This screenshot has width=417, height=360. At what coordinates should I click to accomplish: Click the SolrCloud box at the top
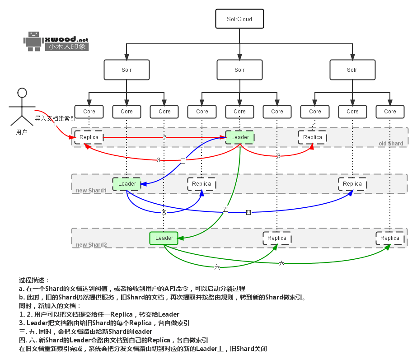239,19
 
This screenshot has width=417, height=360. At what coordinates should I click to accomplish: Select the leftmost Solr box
127,70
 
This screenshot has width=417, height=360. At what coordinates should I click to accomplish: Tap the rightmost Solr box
352,70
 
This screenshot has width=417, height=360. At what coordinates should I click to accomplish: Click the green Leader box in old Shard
240,137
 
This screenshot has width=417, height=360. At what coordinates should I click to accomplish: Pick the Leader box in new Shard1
127,184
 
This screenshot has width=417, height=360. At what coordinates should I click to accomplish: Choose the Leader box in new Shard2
164,238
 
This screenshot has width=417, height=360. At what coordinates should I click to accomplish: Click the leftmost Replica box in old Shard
89,137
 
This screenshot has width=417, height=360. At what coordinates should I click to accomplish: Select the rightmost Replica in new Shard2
389,238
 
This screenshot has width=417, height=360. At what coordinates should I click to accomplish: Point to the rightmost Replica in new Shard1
352,184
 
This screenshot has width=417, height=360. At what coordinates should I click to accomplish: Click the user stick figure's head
22,93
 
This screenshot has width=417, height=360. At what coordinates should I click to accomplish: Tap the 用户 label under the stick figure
22,132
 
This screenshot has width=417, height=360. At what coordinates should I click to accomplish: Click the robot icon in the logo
33,41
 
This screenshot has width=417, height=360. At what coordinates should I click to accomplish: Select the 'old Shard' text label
391,144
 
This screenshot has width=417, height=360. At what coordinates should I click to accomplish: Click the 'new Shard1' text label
91,191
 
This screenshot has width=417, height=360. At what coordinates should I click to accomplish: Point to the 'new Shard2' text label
91,245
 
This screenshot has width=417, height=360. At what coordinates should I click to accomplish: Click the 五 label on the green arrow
225,209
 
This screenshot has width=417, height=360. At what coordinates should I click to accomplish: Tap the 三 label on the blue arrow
183,160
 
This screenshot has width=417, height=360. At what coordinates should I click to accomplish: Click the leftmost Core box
89,112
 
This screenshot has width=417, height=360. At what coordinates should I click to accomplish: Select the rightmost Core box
390,112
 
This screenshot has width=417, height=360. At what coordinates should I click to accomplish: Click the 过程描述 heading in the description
34,280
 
